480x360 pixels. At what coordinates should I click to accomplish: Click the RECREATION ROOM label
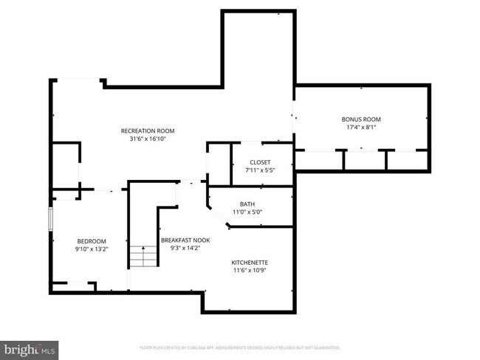click(x=153, y=131)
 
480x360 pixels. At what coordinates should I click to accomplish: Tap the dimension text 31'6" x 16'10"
click(x=153, y=139)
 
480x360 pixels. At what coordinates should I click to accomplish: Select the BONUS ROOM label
click(x=361, y=119)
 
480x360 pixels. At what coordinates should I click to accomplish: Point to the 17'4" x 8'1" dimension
click(x=361, y=127)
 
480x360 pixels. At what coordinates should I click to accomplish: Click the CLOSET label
click(x=260, y=162)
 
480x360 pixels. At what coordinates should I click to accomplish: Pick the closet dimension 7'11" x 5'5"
click(x=260, y=170)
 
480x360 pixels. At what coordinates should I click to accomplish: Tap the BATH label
click(x=248, y=204)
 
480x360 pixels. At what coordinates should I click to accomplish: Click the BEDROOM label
click(x=92, y=241)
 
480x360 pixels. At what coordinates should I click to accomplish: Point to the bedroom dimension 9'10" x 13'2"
click(x=92, y=249)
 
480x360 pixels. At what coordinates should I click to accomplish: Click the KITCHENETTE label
click(x=250, y=262)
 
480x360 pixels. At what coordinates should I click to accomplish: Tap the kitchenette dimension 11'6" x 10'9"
click(x=250, y=270)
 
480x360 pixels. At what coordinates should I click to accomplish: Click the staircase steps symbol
click(x=145, y=258)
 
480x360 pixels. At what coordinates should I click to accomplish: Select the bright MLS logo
click(x=30, y=347)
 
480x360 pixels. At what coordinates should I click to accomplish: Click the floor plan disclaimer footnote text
click(x=240, y=347)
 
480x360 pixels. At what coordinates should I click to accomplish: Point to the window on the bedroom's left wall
click(x=51, y=220)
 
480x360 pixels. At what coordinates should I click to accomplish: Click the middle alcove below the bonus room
click(x=365, y=161)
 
